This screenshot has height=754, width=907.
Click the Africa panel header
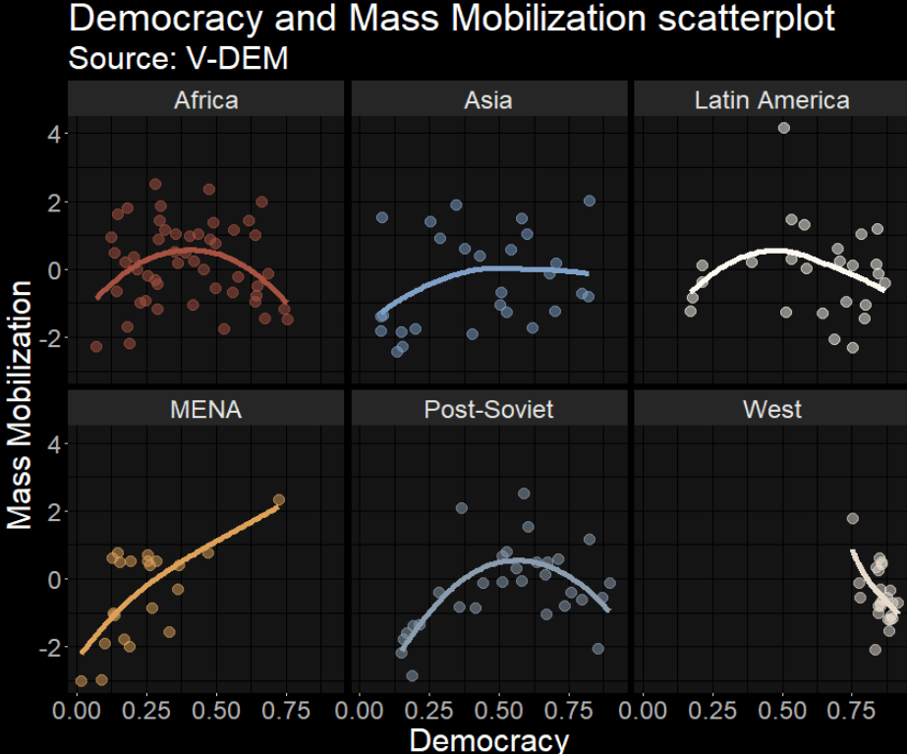(205, 99)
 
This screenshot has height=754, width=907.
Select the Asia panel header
(488, 99)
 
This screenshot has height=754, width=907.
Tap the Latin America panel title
(771, 99)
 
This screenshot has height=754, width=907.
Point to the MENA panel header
(205, 409)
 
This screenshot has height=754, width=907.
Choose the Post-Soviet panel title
(488, 409)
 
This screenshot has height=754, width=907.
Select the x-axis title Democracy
(488, 739)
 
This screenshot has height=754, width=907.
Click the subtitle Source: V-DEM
(179, 58)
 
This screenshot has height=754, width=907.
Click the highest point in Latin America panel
(784, 128)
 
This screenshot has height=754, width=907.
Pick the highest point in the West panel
(853, 518)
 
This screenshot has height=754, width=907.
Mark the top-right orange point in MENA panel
(279, 499)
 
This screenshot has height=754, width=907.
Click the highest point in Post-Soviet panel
(524, 493)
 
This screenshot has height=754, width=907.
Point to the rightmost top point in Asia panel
(590, 201)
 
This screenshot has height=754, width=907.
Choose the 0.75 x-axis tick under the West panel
(852, 711)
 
